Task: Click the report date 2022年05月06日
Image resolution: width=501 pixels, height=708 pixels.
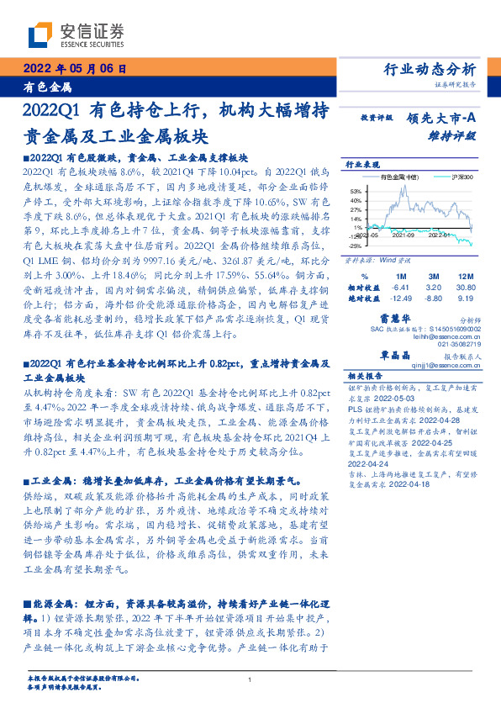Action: coord(74,69)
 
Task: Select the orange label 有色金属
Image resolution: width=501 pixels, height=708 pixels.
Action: coord(48,87)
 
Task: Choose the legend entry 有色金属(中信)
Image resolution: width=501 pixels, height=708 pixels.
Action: coord(398,177)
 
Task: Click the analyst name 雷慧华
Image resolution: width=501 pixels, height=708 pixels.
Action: coord(418,318)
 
